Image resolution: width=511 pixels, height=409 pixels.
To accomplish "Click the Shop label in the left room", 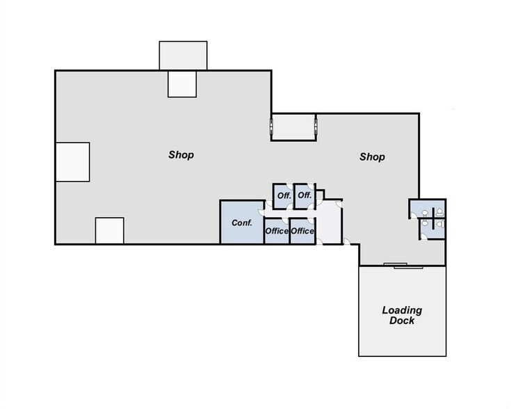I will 181,155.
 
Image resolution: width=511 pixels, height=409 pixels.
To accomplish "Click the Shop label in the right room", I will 372,157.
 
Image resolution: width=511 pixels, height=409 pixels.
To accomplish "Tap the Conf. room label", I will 241,223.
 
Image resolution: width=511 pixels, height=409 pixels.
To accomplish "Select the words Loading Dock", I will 402,315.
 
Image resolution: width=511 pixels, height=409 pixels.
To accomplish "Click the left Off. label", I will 284,196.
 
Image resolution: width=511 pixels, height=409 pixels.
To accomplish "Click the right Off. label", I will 305,196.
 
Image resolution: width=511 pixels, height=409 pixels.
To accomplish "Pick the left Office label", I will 277,231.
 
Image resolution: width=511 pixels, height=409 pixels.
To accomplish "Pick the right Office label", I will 302,231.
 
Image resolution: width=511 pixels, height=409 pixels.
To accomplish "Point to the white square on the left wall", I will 72,162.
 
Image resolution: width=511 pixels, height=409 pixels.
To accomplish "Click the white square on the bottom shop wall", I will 109,231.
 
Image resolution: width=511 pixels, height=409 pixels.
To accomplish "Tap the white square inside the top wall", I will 182,83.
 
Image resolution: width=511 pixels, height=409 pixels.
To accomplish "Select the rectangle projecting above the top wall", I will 183,56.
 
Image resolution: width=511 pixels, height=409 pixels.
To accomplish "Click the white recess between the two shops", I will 294,127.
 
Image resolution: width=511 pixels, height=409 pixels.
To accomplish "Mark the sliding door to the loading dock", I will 396,265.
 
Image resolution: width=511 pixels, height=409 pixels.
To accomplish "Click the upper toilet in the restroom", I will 439,211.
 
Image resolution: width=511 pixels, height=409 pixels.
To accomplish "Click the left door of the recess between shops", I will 272,127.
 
